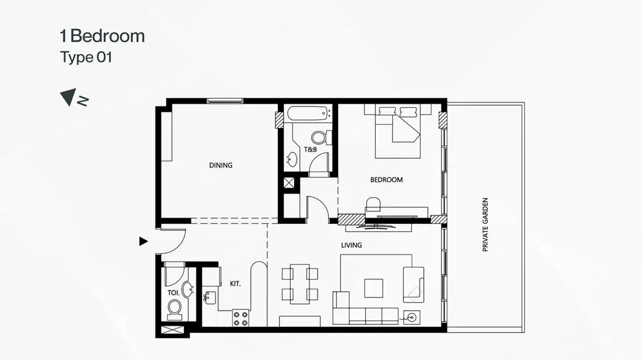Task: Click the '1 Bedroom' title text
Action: [x=102, y=36]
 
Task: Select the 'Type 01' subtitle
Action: [x=86, y=58]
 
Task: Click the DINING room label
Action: [x=221, y=165]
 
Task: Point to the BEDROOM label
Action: [x=386, y=180]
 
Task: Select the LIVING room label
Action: [x=351, y=245]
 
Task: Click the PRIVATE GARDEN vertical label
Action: [x=485, y=225]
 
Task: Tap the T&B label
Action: [x=311, y=150]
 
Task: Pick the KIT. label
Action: [x=235, y=284]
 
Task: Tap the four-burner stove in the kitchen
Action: [x=241, y=318]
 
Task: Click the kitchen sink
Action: [x=209, y=298]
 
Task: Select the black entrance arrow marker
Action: [x=143, y=241]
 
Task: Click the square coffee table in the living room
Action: [x=373, y=288]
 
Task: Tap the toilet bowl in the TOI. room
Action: [x=174, y=309]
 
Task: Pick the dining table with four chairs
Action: [x=299, y=284]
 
